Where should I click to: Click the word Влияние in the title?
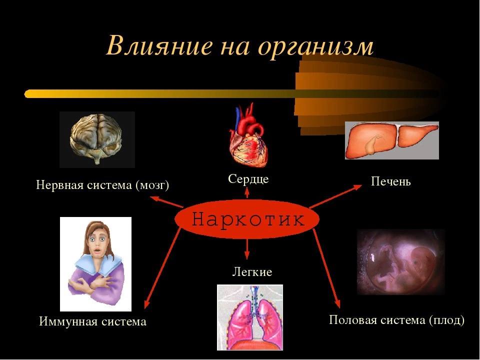(x=159, y=46)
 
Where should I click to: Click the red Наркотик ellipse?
(x=247, y=219)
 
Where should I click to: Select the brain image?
(x=97, y=139)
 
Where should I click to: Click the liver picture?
(x=392, y=140)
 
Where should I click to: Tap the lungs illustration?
(x=250, y=317)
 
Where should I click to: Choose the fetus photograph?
(x=401, y=261)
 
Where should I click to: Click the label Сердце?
(x=248, y=179)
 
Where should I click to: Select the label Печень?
(x=390, y=181)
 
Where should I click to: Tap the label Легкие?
(x=252, y=272)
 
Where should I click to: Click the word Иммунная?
(x=68, y=321)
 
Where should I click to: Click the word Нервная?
(x=58, y=185)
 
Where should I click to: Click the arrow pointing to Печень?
(x=336, y=196)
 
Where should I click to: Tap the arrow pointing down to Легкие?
(x=247, y=249)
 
